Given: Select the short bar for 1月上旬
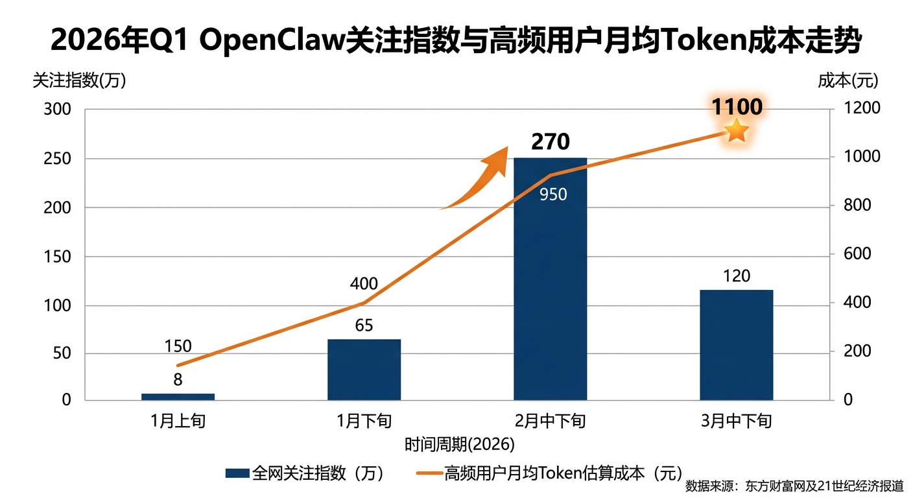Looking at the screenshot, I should (178, 396).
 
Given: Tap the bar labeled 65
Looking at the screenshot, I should (364, 369).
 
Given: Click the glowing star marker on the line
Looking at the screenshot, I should (737, 131).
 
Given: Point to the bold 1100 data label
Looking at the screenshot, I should (737, 107).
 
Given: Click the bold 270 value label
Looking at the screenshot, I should (550, 141).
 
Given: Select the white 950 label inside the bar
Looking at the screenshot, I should (553, 194).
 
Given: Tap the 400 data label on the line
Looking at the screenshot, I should (364, 283).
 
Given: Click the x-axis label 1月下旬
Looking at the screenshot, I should (364, 421).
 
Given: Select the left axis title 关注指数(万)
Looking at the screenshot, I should (78, 80).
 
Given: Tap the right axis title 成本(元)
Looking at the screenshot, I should (848, 80).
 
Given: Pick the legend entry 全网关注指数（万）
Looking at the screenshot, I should (305, 473).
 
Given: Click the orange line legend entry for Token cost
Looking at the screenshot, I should (547, 473).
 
